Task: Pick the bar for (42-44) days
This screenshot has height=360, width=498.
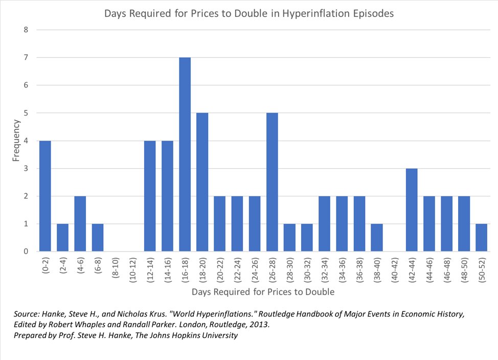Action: click(412, 210)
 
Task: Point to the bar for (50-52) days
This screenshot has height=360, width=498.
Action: click(481, 237)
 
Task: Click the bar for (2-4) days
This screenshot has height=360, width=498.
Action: click(62, 237)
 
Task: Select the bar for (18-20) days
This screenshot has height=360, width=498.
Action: click(202, 182)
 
